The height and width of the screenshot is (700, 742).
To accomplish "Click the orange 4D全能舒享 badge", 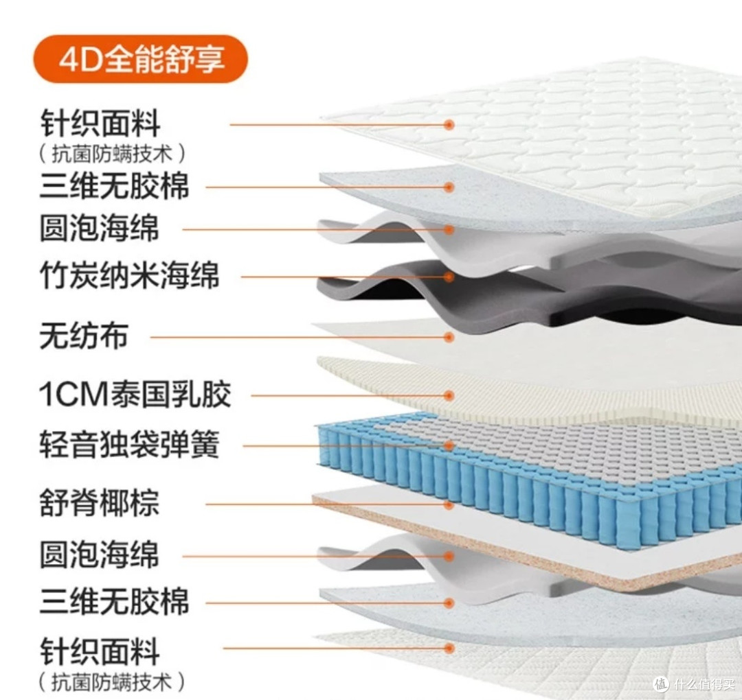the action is click(x=140, y=59).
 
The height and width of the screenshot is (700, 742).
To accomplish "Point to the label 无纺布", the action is click(x=84, y=336).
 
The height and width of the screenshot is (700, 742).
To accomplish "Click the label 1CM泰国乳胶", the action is click(x=135, y=394).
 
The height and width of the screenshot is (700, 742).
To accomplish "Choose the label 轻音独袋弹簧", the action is click(x=130, y=444).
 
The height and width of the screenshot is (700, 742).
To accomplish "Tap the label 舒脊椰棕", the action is click(x=100, y=502).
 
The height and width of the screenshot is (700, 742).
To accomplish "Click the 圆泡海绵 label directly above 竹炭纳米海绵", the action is click(x=100, y=229).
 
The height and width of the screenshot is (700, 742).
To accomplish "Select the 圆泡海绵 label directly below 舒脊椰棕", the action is click(x=100, y=555).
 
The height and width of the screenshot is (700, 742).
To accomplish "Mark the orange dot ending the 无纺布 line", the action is click(x=449, y=337).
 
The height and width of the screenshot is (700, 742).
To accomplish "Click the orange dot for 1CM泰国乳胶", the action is click(x=449, y=395).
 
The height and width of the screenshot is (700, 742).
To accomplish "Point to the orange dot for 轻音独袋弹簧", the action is click(x=449, y=445).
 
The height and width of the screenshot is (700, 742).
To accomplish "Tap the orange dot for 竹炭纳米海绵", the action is click(x=449, y=277).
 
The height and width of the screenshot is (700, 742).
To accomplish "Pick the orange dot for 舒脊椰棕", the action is click(x=449, y=505).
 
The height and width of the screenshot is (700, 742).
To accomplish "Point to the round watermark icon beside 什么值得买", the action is click(x=661, y=684).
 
